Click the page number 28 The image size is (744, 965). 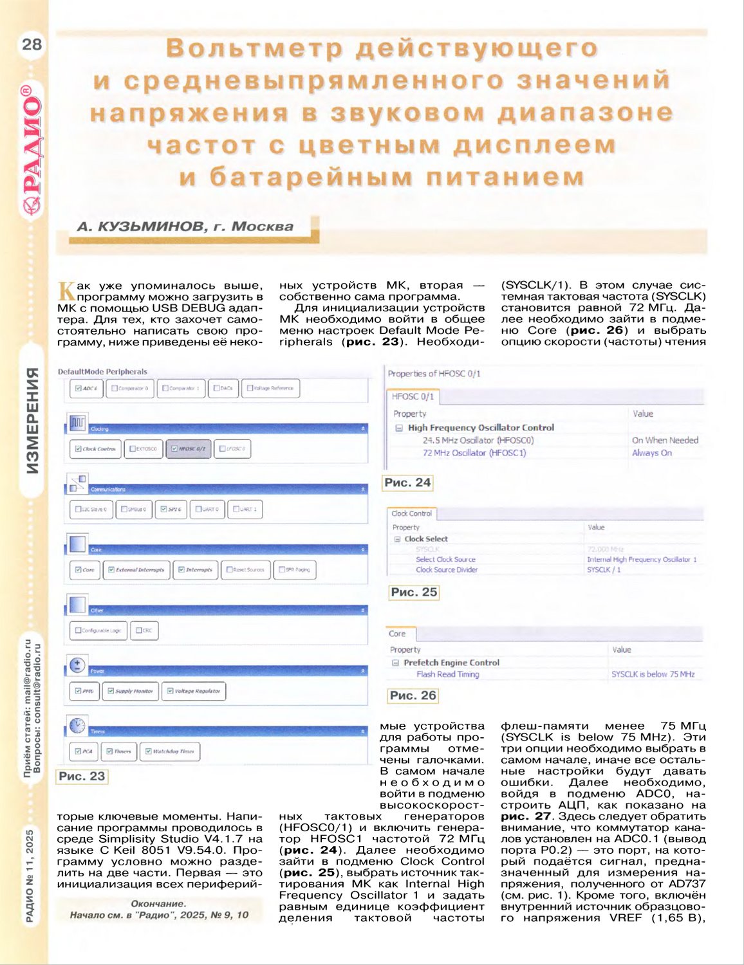(32, 44)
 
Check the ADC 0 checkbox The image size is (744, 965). (79, 388)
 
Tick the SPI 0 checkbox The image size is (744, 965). (164, 509)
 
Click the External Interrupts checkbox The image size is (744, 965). (111, 569)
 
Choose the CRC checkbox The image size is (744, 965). (138, 630)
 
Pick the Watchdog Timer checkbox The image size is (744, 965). (149, 751)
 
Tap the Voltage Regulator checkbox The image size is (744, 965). (170, 691)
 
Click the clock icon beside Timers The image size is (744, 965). (77, 725)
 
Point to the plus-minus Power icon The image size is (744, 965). (77, 665)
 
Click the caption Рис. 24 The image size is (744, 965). (407, 482)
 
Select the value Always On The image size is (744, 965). (651, 453)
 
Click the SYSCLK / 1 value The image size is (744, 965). (604, 569)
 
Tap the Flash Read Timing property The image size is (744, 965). (447, 674)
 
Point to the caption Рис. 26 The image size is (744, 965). (413, 695)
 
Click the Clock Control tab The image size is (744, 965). (412, 513)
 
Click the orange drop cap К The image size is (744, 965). (66, 290)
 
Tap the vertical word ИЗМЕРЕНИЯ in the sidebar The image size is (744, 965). (33, 420)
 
